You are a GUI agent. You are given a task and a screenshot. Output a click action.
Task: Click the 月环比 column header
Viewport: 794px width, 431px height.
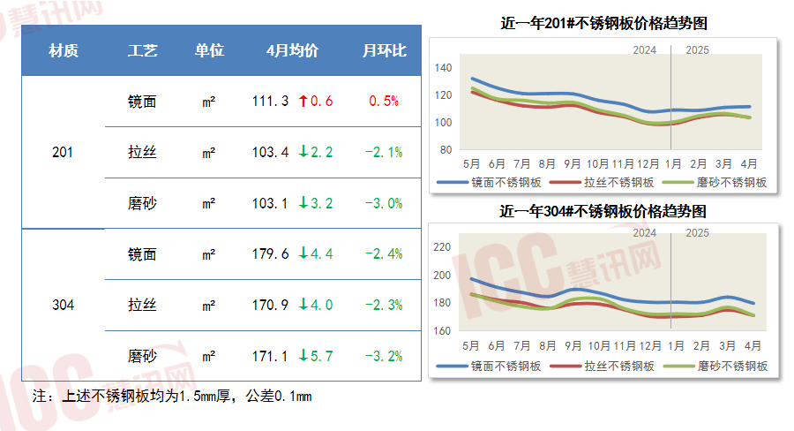click(384, 51)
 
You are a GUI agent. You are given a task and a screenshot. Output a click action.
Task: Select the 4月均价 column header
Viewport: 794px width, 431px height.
click(292, 51)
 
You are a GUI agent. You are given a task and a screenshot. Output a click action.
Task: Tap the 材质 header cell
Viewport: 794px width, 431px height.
click(64, 51)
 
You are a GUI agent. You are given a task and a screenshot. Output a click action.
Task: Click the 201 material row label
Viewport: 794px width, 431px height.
click(64, 153)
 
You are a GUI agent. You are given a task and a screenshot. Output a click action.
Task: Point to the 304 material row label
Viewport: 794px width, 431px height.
click(64, 306)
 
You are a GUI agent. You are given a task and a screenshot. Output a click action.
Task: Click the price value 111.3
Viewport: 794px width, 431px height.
click(270, 102)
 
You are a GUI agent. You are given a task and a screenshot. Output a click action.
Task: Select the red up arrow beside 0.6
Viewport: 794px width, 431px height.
click(303, 102)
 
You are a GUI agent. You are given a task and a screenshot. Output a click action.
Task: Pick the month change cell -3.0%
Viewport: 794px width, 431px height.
click(384, 203)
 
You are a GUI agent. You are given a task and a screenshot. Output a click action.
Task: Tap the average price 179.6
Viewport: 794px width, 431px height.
click(270, 254)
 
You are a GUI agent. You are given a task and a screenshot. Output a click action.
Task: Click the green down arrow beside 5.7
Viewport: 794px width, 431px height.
click(303, 357)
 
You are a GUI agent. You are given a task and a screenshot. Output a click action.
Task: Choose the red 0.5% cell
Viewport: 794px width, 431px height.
click(384, 102)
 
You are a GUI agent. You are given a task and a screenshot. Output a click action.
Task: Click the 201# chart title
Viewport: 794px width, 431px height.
click(603, 24)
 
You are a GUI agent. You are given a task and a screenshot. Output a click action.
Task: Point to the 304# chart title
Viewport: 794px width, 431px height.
click(603, 212)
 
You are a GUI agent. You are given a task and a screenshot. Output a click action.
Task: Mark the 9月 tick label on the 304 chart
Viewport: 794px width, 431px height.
click(573, 346)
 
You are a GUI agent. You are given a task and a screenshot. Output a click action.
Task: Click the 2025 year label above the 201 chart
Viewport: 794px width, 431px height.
click(697, 49)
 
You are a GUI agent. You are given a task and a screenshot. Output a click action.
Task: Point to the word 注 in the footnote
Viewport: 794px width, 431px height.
click(38, 396)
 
